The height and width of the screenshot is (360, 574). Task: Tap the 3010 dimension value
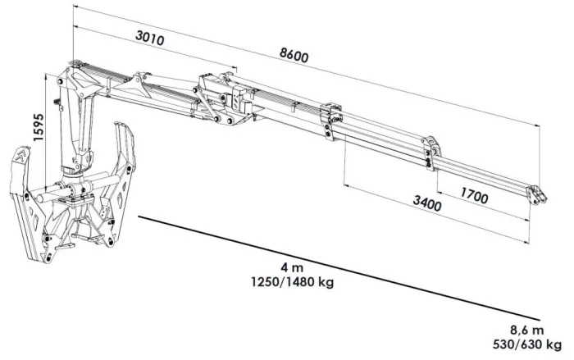[150, 39]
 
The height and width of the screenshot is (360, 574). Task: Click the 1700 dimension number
[476, 196]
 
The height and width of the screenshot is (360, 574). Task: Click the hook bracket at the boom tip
[535, 194]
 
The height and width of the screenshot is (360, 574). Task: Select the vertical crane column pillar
[80, 123]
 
